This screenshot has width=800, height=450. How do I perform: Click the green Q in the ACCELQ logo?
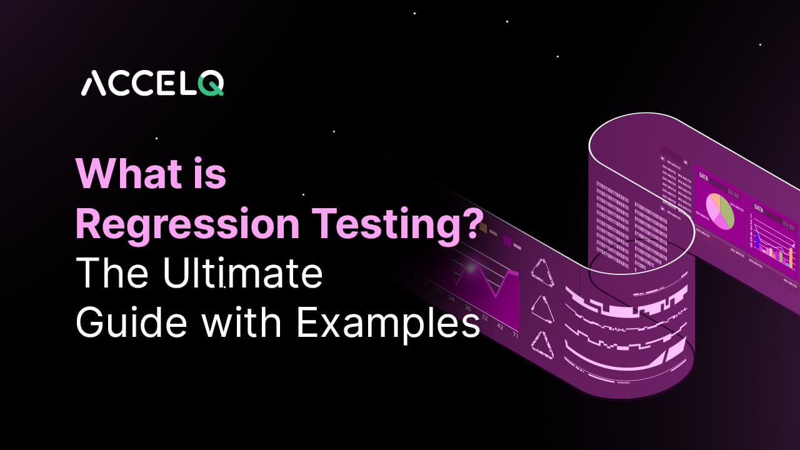212,84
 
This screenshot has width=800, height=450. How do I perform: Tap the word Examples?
388,324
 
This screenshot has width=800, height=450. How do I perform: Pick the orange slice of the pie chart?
712,201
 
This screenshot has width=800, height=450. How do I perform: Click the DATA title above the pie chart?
704,176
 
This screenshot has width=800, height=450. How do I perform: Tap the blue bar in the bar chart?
757,241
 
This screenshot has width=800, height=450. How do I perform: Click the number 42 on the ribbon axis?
499,326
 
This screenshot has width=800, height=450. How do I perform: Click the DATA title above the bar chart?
758,207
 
